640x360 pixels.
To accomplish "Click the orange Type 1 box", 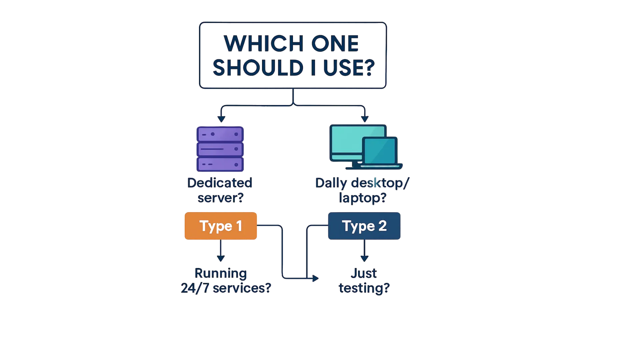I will pyautogui.click(x=221, y=226).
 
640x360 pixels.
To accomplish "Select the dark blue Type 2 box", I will pyautogui.click(x=364, y=226).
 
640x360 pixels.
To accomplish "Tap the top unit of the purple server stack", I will pyautogui.click(x=220, y=134).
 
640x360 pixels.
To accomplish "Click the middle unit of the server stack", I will pyautogui.click(x=220, y=149).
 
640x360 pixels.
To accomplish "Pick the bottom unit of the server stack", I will pyautogui.click(x=220, y=164).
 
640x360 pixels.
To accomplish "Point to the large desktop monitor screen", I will pyautogui.click(x=347, y=140).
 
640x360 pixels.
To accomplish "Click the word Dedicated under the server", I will pyautogui.click(x=220, y=183).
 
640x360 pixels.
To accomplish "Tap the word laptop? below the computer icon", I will pyautogui.click(x=363, y=198).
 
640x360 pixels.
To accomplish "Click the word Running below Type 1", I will pyautogui.click(x=221, y=273).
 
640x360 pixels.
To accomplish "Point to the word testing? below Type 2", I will pyautogui.click(x=364, y=288).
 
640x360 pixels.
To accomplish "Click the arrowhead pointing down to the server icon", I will pyautogui.click(x=221, y=118).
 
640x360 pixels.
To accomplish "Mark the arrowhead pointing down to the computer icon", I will pyautogui.click(x=365, y=118).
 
